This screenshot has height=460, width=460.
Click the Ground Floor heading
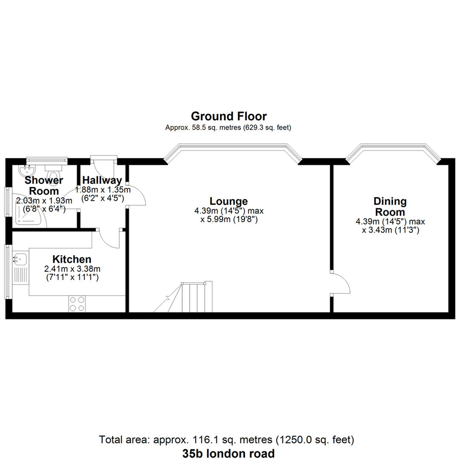(x=229, y=116)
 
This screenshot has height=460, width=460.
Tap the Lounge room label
(x=229, y=201)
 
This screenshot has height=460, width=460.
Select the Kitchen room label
(x=72, y=259)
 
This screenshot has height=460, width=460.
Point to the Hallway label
(x=102, y=180)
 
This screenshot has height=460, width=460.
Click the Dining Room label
(x=390, y=207)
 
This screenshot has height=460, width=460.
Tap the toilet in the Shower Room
(x=53, y=175)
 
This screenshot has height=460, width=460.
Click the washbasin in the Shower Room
(x=27, y=170)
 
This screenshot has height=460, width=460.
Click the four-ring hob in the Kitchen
(x=77, y=304)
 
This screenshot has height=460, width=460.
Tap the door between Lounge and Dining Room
(x=340, y=283)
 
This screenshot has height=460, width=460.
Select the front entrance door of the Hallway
(x=103, y=166)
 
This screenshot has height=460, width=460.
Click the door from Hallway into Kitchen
(x=109, y=239)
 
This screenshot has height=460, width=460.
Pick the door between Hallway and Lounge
(x=136, y=195)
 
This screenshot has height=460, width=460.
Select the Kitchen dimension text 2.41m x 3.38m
(x=72, y=269)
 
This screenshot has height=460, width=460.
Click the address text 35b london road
(x=229, y=453)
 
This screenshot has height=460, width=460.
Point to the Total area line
(x=227, y=440)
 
